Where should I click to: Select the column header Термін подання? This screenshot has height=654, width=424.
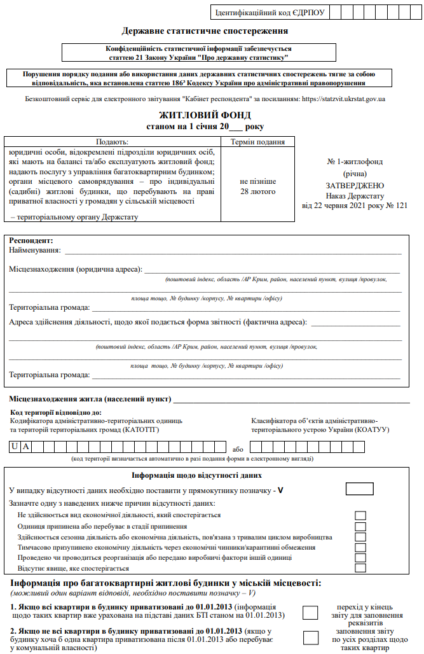point(257,142)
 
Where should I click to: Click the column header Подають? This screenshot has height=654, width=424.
point(112,142)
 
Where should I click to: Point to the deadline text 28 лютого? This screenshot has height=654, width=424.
point(257,191)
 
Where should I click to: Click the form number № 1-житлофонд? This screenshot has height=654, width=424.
point(354,162)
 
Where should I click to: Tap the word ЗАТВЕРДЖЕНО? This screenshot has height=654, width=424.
point(354,185)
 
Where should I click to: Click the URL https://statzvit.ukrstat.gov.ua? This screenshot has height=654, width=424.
point(343,99)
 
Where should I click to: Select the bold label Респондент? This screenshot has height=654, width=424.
point(31,241)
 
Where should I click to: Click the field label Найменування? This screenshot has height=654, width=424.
point(35,250)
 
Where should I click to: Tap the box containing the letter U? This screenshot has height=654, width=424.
point(14,447)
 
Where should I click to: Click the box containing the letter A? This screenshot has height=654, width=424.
point(26,447)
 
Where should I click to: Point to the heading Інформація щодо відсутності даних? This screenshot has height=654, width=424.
point(196,475)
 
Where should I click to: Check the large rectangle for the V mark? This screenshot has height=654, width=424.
point(359,489)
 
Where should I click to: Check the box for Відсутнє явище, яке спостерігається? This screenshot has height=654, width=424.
point(360,568)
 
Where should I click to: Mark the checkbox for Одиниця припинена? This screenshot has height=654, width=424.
point(360,527)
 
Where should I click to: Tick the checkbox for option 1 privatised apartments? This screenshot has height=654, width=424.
point(310,613)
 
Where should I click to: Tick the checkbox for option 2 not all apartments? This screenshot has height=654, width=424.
point(310,638)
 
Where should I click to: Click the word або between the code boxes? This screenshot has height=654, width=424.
point(238,449)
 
